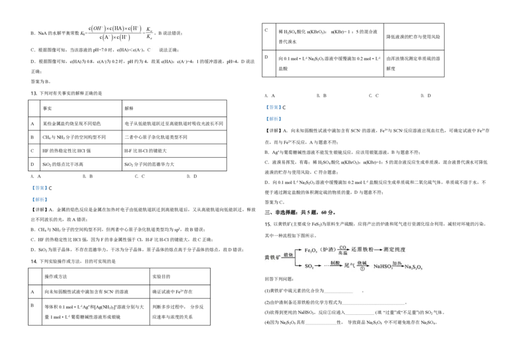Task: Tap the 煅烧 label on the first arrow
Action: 288,254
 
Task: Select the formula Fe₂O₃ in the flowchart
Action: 310,250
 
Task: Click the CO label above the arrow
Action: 342,247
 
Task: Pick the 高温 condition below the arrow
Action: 342,253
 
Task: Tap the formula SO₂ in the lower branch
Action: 309,266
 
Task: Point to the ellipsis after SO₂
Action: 327,266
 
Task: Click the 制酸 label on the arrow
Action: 336,263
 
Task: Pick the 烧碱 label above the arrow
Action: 362,263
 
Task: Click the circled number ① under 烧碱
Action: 362,269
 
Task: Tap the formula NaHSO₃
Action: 383,266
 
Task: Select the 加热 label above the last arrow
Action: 397,263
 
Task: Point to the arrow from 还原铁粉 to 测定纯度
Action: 377,250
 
